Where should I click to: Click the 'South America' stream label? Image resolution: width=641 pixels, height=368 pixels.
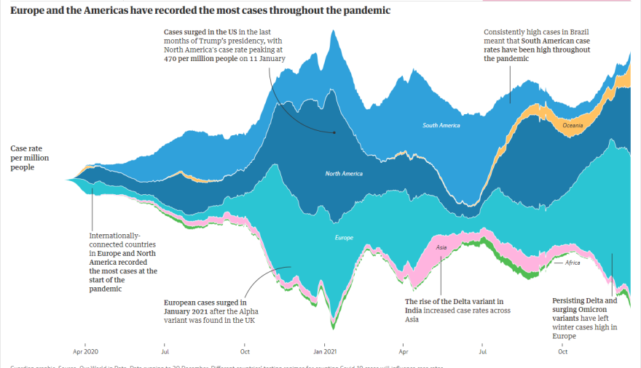click(441, 126)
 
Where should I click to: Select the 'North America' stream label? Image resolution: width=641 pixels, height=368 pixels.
click(344, 173)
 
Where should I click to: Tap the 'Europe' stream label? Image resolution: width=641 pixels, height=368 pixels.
click(344, 238)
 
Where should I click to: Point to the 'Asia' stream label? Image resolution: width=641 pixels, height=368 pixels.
click(441, 247)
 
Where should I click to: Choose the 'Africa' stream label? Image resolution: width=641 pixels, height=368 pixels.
click(573, 263)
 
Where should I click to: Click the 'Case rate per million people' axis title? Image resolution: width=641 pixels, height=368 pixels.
click(26, 158)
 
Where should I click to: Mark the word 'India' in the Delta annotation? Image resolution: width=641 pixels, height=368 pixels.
click(417, 311)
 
